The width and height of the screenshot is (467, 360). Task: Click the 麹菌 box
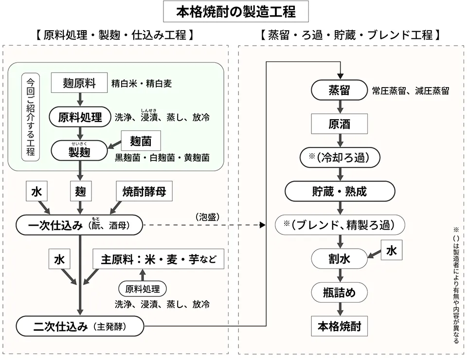point(141,141)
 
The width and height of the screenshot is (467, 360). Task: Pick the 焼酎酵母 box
point(144,192)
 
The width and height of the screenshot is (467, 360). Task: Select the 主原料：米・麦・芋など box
point(158,259)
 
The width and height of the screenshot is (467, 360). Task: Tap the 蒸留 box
point(340,90)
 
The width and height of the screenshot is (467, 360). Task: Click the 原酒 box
point(340,124)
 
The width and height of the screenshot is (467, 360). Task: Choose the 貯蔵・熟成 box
point(340,191)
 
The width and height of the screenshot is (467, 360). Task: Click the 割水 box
point(340,259)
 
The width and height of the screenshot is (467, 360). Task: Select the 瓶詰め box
point(340,292)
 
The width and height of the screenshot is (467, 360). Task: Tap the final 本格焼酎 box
point(340,326)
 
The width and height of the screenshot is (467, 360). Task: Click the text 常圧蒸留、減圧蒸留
point(410,91)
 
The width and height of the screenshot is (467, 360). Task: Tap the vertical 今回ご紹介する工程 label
point(31,117)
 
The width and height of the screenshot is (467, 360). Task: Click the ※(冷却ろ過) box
point(340,158)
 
